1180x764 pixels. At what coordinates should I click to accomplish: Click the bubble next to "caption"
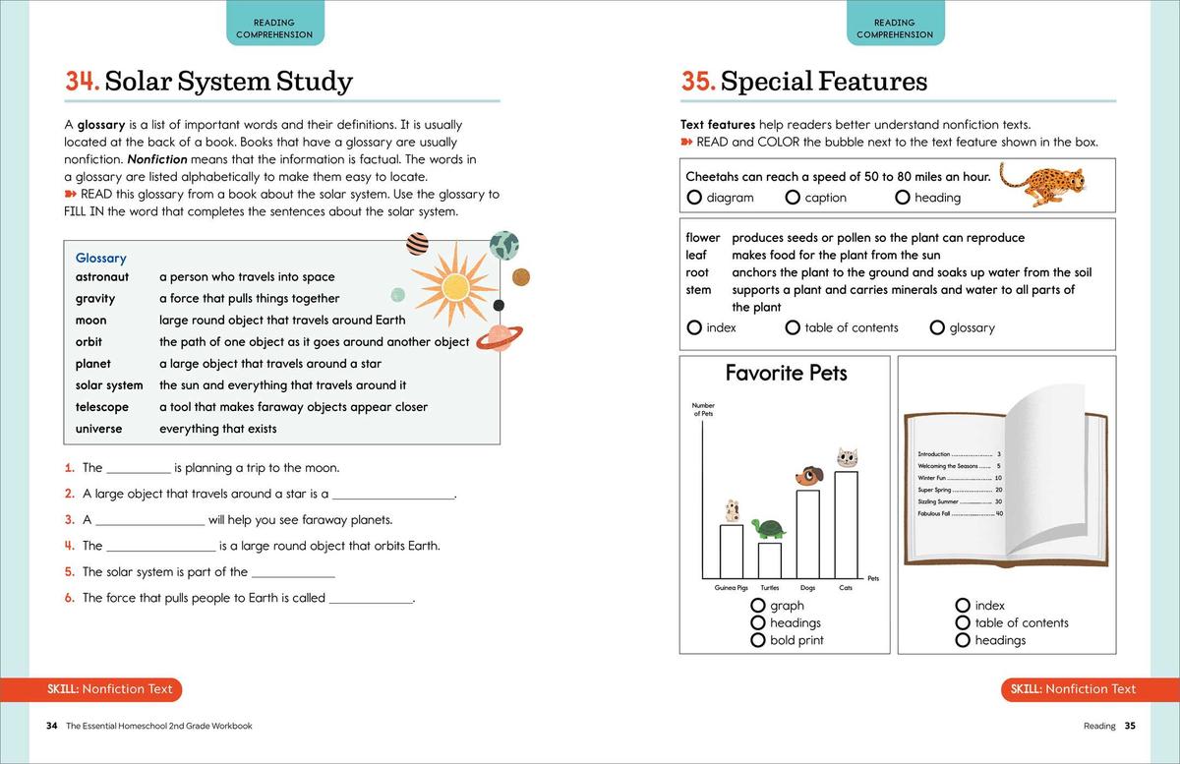(x=793, y=198)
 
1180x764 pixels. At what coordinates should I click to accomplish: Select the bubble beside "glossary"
(x=937, y=327)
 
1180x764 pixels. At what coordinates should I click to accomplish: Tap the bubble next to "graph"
(x=758, y=606)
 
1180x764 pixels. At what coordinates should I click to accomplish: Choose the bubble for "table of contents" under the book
(x=963, y=622)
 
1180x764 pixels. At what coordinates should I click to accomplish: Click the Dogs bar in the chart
(x=807, y=534)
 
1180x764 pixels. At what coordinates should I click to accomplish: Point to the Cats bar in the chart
(x=846, y=525)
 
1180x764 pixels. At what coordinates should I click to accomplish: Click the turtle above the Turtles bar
(x=768, y=529)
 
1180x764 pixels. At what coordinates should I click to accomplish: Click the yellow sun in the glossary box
(x=454, y=286)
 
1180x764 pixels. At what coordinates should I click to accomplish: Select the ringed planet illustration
(x=500, y=337)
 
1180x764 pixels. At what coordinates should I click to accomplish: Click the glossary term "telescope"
(x=102, y=407)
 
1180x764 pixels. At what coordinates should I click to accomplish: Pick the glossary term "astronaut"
(x=102, y=277)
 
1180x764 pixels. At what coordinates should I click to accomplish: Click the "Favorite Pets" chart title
(x=786, y=374)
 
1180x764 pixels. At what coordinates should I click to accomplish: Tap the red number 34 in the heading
(x=82, y=81)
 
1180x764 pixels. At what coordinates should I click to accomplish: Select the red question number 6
(x=70, y=598)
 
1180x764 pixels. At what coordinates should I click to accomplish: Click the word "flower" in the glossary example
(x=702, y=238)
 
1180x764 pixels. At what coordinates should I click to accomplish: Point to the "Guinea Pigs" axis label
(x=731, y=588)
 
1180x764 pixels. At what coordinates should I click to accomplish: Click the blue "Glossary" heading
(x=101, y=258)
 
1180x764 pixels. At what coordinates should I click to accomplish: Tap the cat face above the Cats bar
(x=847, y=457)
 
